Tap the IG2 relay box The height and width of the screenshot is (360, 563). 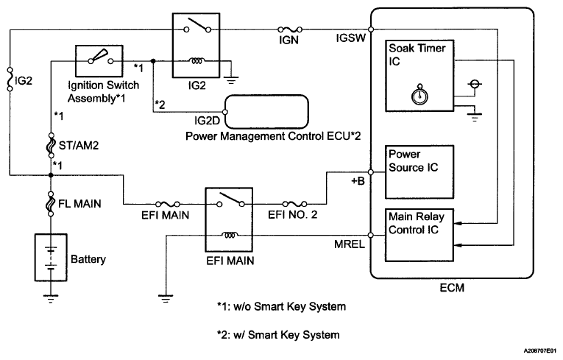(x=196, y=46)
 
